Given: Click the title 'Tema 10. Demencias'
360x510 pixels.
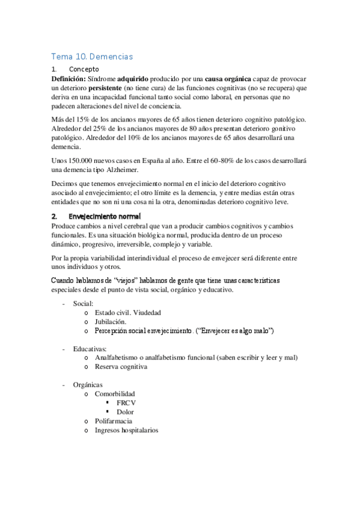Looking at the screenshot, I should click(x=92, y=57).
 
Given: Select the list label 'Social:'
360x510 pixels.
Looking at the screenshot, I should click(x=83, y=304).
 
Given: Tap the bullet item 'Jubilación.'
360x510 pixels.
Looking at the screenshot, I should click(x=110, y=322).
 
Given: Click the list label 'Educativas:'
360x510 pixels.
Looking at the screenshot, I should click(x=90, y=348).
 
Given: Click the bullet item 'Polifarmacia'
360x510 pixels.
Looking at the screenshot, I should click(x=114, y=421).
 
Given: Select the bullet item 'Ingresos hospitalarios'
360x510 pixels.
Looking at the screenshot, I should click(x=127, y=430).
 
